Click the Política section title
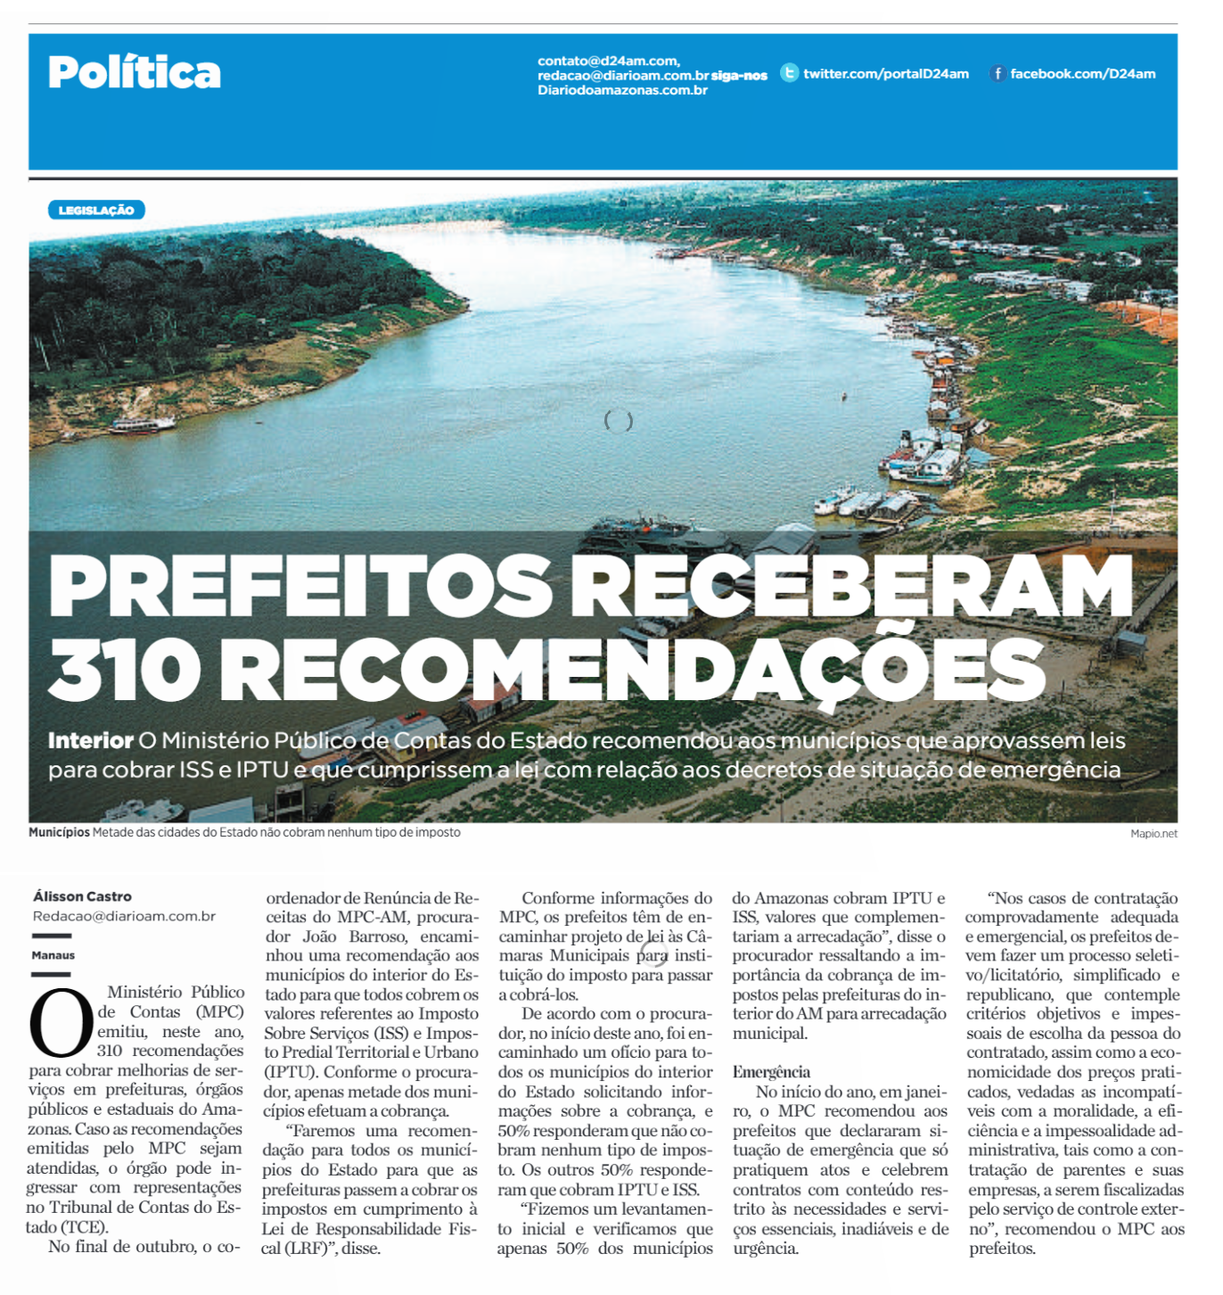[135, 73]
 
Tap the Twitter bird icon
[789, 73]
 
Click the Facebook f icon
[997, 74]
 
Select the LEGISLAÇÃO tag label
[96, 210]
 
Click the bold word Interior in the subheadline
[91, 740]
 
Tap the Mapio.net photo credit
[1153, 834]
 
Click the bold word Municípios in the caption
[59, 832]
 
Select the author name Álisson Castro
[82, 896]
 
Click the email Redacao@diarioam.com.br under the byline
[124, 916]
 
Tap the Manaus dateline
[53, 955]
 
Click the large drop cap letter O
[61, 1022]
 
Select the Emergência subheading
[771, 1072]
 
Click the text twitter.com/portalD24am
[886, 74]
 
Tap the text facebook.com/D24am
[1082, 74]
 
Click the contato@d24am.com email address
[608, 61]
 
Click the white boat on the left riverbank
[143, 425]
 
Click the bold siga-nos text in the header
[739, 76]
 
